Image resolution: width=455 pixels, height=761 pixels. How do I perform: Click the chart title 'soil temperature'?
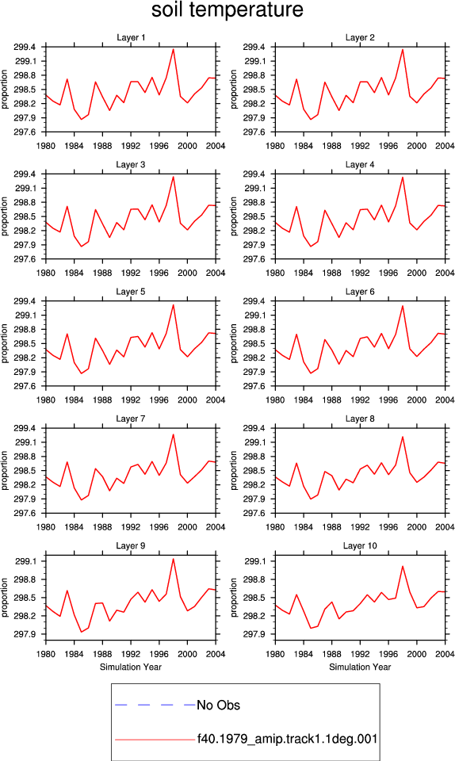tap(227, 10)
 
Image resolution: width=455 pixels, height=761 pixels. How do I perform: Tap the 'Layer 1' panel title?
tap(131, 37)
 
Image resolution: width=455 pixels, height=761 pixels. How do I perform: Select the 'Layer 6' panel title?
tap(360, 292)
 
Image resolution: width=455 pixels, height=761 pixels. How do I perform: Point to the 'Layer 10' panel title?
tap(360, 546)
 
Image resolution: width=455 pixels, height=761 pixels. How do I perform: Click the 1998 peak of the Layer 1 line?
tap(173, 49)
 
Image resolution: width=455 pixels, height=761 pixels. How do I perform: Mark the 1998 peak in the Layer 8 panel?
tap(403, 437)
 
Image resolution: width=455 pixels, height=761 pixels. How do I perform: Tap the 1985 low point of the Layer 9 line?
tap(81, 632)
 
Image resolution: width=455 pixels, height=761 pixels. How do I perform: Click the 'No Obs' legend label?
tap(218, 706)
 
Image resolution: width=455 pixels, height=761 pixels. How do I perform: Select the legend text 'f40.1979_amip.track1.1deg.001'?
tap(287, 739)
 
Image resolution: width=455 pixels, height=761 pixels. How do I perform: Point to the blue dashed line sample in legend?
tap(155, 705)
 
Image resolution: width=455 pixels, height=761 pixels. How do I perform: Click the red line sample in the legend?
tap(155, 740)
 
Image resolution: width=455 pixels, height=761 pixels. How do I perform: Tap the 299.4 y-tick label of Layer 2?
tap(254, 47)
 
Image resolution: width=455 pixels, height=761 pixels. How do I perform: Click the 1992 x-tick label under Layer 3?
tap(131, 273)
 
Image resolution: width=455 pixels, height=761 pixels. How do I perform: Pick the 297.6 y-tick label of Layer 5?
tap(25, 386)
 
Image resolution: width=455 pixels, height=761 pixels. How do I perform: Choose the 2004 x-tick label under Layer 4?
tap(445, 273)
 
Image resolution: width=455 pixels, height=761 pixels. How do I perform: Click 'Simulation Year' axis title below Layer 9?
tap(131, 667)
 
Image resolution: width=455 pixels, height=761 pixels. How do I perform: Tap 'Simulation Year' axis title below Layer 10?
tap(360, 667)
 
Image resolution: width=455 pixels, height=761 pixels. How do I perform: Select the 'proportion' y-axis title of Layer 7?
tap(5, 470)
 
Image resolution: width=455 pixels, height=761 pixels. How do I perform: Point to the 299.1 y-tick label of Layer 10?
tap(254, 561)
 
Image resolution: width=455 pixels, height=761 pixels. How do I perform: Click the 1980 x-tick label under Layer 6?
tap(275, 400)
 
